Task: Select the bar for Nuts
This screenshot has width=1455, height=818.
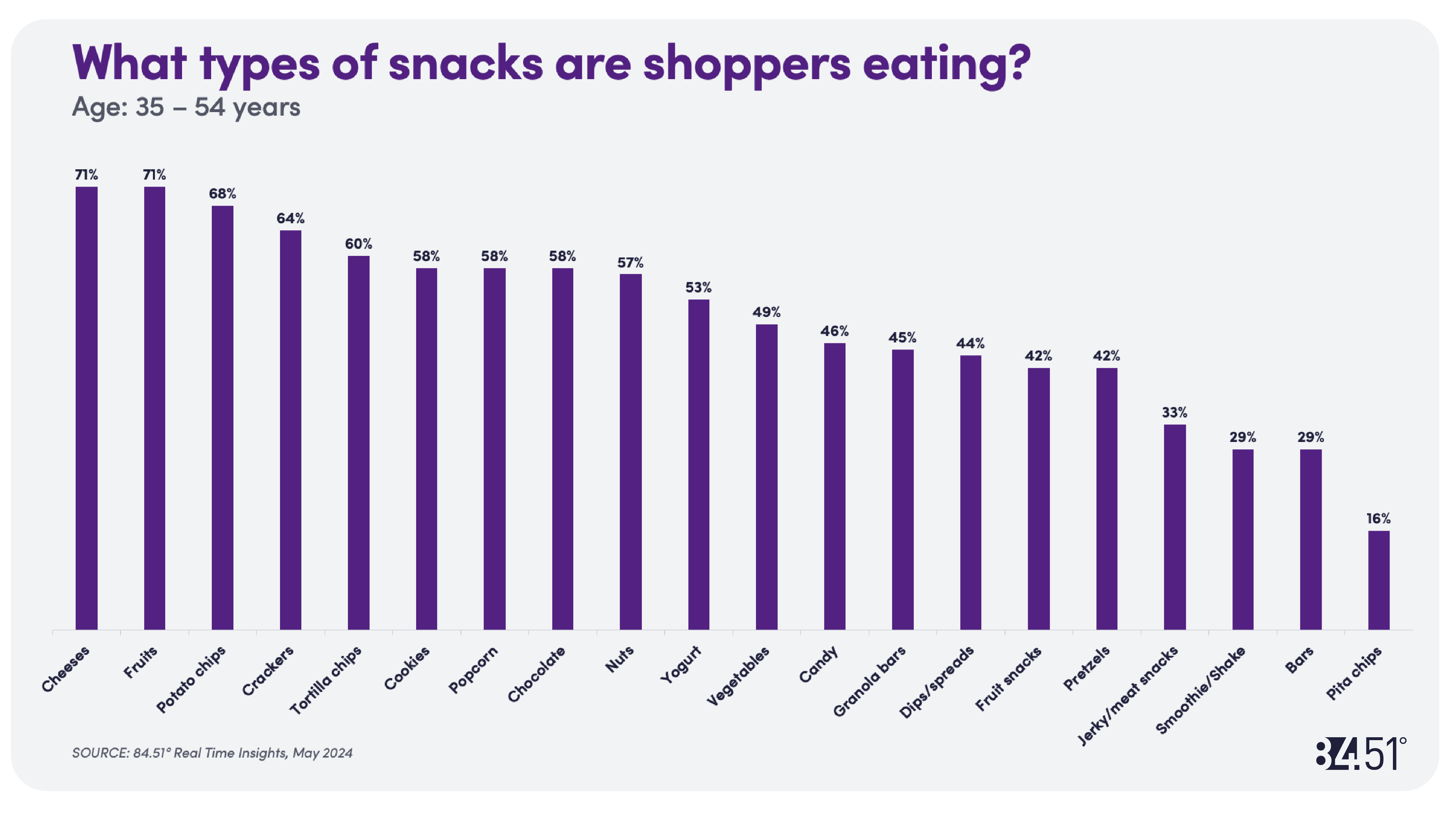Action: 630,452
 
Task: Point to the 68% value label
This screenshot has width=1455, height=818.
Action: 222,194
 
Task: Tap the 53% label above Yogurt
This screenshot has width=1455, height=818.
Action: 699,287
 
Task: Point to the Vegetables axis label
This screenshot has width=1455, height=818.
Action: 738,675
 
